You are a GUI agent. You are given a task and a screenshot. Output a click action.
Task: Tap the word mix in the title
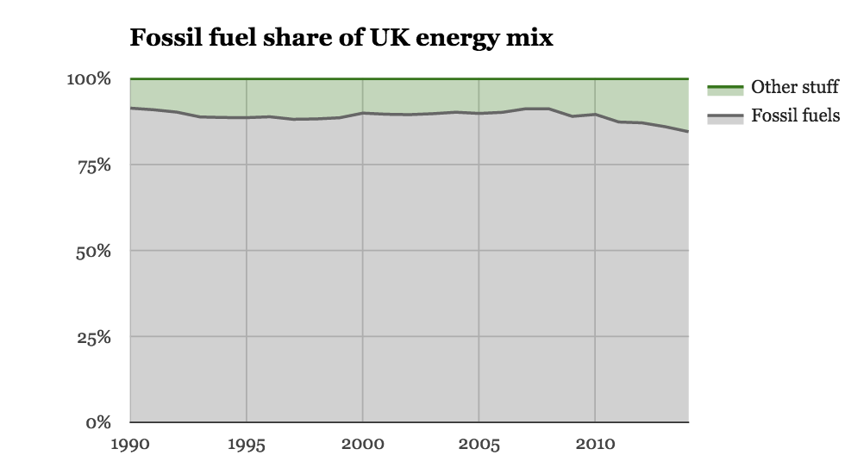pyautogui.click(x=535, y=39)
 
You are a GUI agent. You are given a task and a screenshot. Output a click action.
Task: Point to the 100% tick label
pyautogui.click(x=91, y=79)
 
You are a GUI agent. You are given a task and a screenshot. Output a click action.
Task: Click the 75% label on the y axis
pyautogui.click(x=94, y=165)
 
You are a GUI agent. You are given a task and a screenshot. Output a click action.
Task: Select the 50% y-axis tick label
pyautogui.click(x=94, y=251)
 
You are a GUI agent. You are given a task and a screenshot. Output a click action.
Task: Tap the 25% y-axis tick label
pyautogui.click(x=94, y=337)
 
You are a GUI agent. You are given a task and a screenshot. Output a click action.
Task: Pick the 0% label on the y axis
pyautogui.click(x=98, y=422)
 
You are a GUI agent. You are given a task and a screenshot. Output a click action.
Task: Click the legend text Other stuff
pyautogui.click(x=795, y=87)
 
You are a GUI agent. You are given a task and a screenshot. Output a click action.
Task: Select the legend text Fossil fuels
pyautogui.click(x=795, y=115)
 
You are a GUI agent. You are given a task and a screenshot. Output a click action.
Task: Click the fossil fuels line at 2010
pyautogui.click(x=595, y=114)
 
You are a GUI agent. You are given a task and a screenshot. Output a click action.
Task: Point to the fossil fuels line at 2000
pyautogui.click(x=362, y=113)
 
